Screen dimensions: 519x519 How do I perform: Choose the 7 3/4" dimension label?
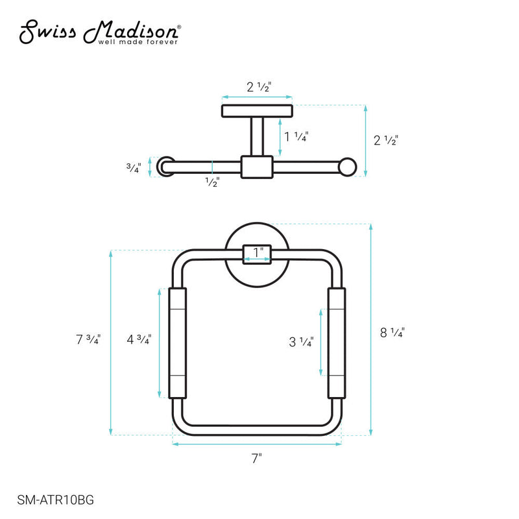(88, 339)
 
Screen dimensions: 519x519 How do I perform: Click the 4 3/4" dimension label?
(139, 339)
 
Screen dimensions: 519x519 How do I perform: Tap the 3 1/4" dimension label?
(302, 341)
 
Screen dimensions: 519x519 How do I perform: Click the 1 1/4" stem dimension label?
(296, 136)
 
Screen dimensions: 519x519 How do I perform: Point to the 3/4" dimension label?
(133, 167)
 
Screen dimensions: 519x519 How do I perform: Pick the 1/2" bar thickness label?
(212, 182)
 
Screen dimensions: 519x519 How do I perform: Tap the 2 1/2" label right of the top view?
(385, 139)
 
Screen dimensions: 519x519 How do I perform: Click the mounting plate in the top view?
(257, 111)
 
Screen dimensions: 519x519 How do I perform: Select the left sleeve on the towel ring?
(177, 343)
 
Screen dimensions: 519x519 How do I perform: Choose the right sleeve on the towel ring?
(337, 343)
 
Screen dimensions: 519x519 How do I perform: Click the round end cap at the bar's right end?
(349, 167)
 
